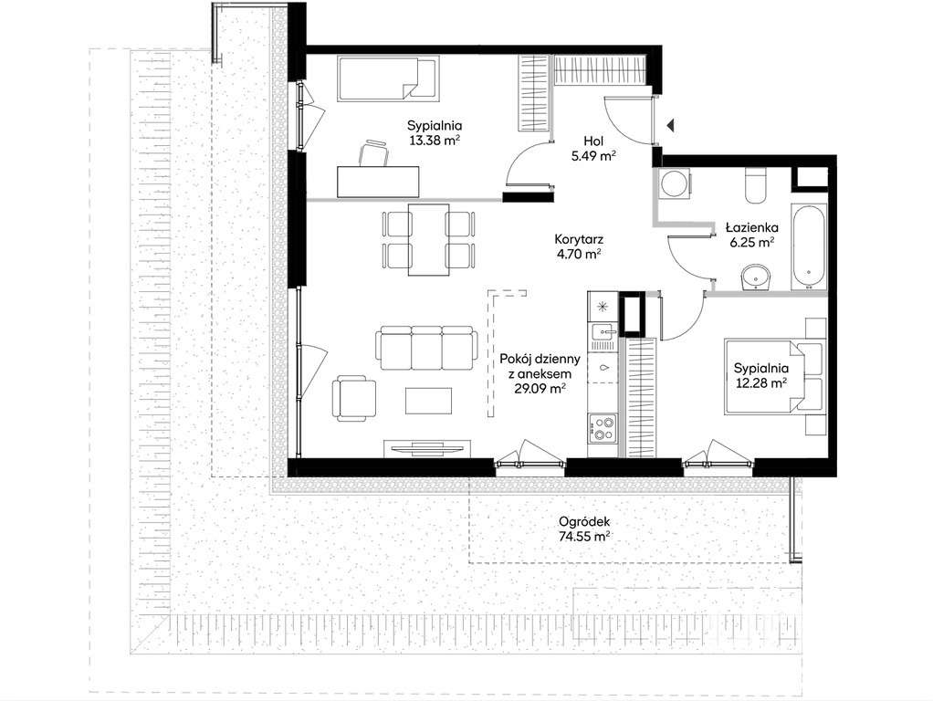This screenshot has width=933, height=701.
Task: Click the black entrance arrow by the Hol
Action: click(x=670, y=126)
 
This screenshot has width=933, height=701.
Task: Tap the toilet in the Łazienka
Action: click(x=756, y=185)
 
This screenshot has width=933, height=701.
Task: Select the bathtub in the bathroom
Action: click(x=809, y=247)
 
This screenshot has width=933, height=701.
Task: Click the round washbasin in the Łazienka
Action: click(x=756, y=277)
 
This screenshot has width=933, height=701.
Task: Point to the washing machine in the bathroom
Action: click(x=675, y=183)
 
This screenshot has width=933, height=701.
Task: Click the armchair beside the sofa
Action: click(x=354, y=398)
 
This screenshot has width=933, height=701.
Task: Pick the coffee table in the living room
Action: click(x=428, y=401)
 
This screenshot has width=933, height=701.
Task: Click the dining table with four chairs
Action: click(x=428, y=240)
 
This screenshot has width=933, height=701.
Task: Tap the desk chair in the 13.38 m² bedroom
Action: click(x=373, y=153)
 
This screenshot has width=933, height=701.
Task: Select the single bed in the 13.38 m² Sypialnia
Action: click(x=389, y=78)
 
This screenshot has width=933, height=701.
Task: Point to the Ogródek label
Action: click(x=584, y=522)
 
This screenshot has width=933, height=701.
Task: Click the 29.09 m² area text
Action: click(x=540, y=389)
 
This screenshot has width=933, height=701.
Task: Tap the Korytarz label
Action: click(x=579, y=240)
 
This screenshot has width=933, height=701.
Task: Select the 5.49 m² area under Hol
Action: click(x=593, y=156)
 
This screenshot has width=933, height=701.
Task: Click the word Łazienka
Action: click(x=752, y=226)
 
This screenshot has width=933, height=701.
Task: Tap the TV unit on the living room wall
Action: click(x=427, y=448)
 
